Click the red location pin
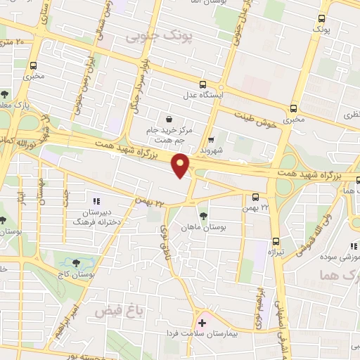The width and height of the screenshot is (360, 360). click(x=182, y=165)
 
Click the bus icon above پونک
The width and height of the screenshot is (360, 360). click(x=322, y=19)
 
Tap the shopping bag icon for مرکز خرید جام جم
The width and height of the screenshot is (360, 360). click(x=168, y=119)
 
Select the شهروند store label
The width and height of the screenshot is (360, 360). click(x=211, y=149)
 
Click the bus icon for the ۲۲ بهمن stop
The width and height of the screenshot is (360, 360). click(x=255, y=197)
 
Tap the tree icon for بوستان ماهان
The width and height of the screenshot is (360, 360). click(x=203, y=215)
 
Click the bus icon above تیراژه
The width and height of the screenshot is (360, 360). click(x=276, y=241)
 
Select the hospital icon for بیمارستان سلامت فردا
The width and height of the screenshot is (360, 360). click(x=202, y=324)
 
